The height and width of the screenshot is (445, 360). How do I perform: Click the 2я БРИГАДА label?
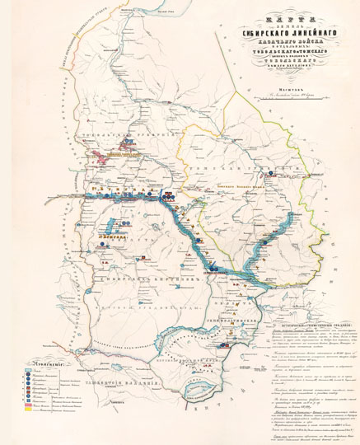pyautogui.click(x=110, y=235)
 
